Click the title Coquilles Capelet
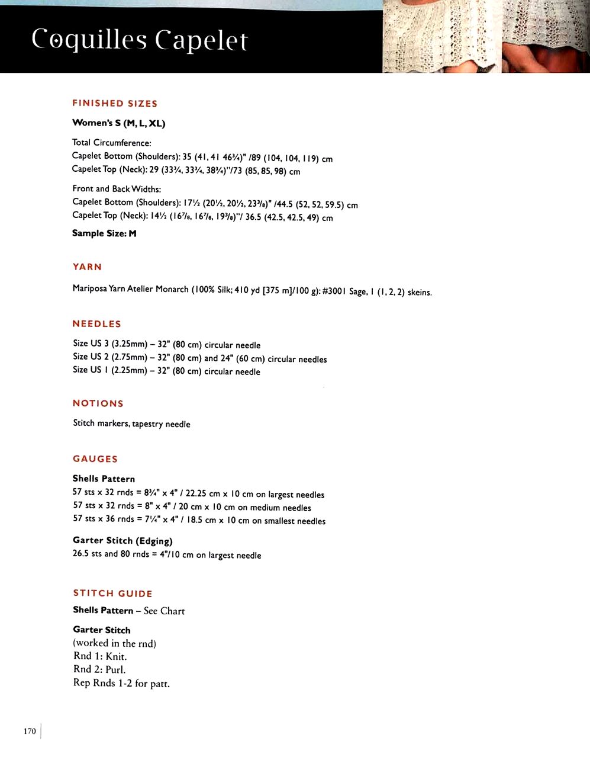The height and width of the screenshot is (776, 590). pos(140,40)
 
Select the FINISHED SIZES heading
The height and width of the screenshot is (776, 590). pos(115,103)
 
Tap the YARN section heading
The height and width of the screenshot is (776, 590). pos(87,267)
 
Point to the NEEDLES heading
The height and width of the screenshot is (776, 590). pos(96,323)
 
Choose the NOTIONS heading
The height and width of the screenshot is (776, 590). pos(98,403)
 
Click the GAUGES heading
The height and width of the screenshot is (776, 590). pos(95,458)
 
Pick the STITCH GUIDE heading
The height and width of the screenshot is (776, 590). pos(112,593)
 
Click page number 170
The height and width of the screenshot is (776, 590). pos(30,731)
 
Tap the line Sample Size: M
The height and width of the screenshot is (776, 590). pos(104,233)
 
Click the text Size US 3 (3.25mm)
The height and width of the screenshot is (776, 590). pos(110,344)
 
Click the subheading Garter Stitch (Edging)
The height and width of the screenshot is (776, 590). pos(122,540)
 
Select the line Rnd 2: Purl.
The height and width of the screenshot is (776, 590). pos(99,669)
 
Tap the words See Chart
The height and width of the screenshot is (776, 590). pos(164,611)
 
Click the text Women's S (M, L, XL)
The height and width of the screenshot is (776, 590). pos(118,123)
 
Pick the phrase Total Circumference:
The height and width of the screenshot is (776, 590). pos(111,143)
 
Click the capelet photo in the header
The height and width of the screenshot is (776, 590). pos(485,37)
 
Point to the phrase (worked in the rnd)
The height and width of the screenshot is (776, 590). pos(114,643)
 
